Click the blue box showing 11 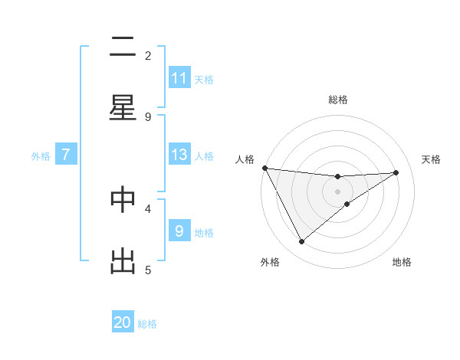click(179, 78)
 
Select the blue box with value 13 click(179, 155)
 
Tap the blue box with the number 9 click(179, 231)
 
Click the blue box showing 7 click(66, 155)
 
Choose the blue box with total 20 click(123, 323)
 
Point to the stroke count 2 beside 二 click(148, 55)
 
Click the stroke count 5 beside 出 click(148, 270)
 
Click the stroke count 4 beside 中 click(148, 208)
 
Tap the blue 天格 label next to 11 click(204, 79)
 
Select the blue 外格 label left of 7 click(41, 155)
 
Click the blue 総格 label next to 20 click(147, 324)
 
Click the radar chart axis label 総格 click(337, 100)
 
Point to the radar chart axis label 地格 click(402, 262)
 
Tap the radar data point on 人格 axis click(264, 168)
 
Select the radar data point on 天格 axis click(396, 172)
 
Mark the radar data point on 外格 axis click(301, 241)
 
